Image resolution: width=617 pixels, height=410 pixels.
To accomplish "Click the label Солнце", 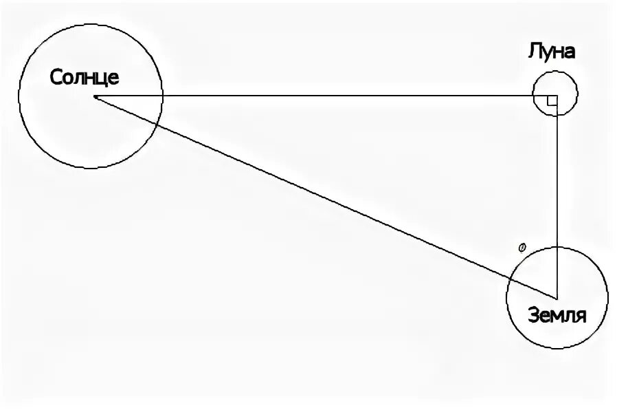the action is pos(85,76).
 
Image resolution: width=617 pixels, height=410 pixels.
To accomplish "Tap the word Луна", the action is pos(551,51).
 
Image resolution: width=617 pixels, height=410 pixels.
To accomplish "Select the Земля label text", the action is pos(557,316).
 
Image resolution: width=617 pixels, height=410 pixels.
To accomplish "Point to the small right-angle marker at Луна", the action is pos(551,102).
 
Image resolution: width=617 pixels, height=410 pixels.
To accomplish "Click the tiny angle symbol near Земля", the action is pos(521,246).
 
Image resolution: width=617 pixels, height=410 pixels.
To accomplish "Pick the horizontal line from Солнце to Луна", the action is pos(344,96).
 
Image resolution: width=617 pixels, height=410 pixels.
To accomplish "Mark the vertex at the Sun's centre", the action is pos(95,97).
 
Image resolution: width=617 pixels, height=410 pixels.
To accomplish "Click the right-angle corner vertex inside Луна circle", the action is pos(557,96).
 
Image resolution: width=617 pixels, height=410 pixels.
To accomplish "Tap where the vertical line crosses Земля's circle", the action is pos(557,247).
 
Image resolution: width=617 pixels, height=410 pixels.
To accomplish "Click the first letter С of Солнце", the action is pos(56,77).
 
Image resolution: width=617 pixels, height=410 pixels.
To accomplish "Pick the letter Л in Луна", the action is pos(534,52).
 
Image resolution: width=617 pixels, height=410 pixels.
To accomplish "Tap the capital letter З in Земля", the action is pos(533,316).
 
